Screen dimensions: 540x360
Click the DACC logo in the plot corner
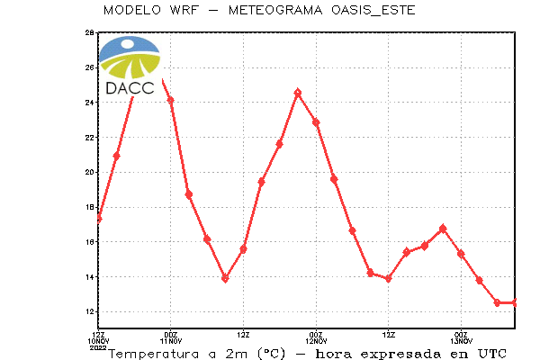point(130,65)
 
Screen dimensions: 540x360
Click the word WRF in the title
point(184,10)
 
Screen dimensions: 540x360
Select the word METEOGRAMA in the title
point(275,10)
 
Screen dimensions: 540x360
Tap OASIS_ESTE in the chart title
point(373,10)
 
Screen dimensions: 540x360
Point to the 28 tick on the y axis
point(89,32)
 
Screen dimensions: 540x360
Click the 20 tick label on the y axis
point(89,172)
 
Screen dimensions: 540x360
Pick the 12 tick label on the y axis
point(89,311)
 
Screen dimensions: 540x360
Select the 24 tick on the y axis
point(89,103)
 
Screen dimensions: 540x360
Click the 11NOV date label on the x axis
point(171,341)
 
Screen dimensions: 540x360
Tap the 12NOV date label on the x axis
point(316,341)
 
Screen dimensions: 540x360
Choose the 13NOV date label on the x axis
point(462,341)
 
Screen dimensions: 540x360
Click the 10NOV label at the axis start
point(98,341)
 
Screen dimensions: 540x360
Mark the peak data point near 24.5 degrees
point(298,93)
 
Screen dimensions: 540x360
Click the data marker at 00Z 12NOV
point(316,122)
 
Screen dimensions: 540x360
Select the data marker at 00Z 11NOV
point(170,100)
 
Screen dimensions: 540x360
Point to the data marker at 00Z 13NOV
point(461,254)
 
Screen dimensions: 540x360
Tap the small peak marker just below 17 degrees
point(443,229)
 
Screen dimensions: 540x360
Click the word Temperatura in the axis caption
point(154,354)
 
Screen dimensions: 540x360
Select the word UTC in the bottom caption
point(492,354)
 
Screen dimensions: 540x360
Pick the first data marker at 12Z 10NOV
point(99,219)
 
